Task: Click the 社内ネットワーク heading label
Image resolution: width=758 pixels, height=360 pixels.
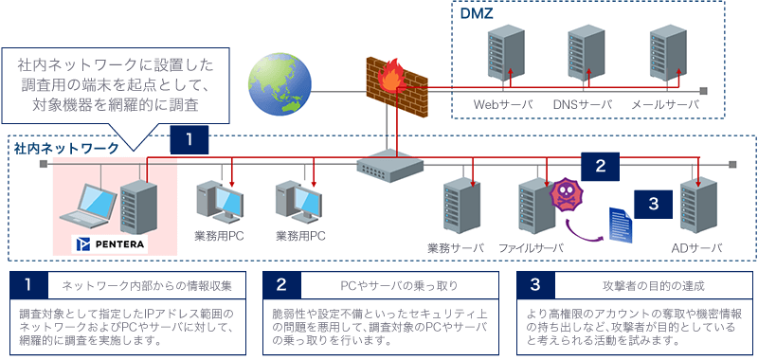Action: (x=66, y=148)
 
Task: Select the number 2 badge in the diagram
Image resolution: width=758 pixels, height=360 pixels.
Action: (x=599, y=165)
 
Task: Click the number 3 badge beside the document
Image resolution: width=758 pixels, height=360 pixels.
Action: (x=653, y=202)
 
